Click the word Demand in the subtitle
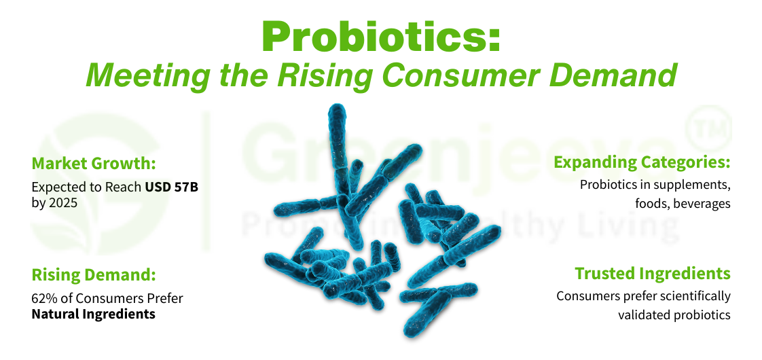(625, 75)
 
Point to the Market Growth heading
(93, 164)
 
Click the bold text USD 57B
(171, 186)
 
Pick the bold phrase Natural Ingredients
(93, 314)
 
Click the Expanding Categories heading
(642, 163)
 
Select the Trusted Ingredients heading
(653, 274)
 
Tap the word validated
(641, 314)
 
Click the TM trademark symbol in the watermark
(712, 128)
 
